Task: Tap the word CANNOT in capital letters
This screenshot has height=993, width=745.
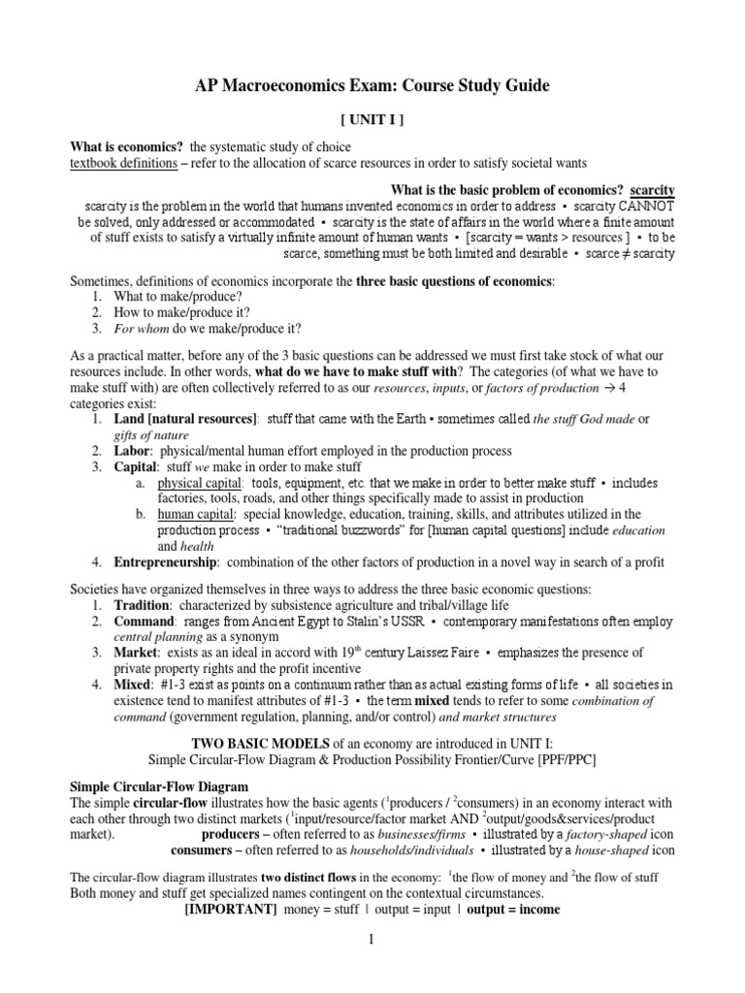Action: pyautogui.click(x=644, y=206)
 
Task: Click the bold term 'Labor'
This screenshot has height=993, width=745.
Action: pyautogui.click(x=133, y=451)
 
